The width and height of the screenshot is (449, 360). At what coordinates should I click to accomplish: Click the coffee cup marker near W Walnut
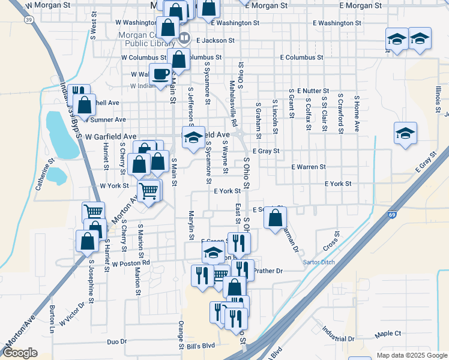point(160,74)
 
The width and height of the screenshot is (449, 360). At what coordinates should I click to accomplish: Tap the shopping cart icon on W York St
point(149,191)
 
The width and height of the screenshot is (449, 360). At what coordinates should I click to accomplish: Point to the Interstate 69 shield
point(392,214)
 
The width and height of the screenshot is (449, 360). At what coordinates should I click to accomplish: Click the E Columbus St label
point(301,58)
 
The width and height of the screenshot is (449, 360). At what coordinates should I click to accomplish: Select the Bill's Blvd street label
point(200,346)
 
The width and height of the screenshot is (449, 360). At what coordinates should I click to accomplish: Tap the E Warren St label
point(308,167)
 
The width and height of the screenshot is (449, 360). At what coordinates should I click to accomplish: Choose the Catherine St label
point(44,175)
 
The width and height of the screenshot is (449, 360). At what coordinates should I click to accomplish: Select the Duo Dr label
point(116,341)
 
